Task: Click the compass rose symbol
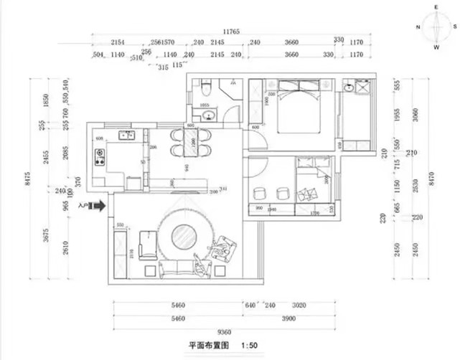pos(436,28)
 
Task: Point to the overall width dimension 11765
pos(231,32)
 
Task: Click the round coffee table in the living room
pos(184,236)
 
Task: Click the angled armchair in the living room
pos(227,248)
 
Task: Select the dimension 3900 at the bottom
pos(290,318)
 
